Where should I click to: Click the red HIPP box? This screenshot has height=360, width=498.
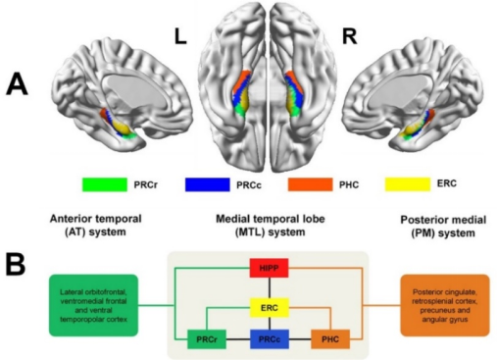tap(269, 268)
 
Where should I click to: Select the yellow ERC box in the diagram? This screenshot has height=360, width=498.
tap(270, 308)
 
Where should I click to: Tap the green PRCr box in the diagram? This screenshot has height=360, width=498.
tap(207, 339)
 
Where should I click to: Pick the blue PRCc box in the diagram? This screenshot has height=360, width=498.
tap(270, 339)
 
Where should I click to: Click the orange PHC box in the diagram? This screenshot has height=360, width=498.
tap(330, 339)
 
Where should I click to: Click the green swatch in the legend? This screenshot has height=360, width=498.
tap(105, 184)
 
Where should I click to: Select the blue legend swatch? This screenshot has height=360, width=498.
tap(208, 184)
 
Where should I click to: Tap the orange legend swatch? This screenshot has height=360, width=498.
tap(310, 184)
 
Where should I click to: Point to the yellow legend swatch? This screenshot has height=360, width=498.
tap(408, 184)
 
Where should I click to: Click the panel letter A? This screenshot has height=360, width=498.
tap(17, 84)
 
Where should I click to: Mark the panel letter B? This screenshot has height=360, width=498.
tap(15, 263)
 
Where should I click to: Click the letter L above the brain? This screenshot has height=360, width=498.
tap(180, 36)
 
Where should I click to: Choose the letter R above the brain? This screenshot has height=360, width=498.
tap(349, 36)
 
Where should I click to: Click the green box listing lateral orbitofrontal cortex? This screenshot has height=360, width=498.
tap(93, 305)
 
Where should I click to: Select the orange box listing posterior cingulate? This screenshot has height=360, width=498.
tap(445, 305)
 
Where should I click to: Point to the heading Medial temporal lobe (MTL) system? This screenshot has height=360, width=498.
tap(271, 226)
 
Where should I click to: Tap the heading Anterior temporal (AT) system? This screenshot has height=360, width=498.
tap(95, 226)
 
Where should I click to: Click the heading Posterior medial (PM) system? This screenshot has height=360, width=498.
tap(443, 227)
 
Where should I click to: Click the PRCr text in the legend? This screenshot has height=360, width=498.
tap(145, 184)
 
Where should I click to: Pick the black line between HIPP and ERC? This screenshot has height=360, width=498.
tap(270, 287)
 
